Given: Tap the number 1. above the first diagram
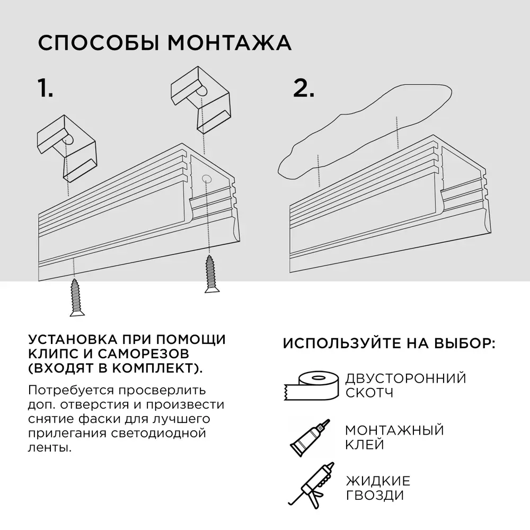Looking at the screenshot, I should (x=46, y=88).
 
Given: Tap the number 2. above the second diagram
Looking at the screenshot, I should (x=304, y=88).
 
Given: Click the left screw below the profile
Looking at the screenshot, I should (x=77, y=297).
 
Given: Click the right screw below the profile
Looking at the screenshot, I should (x=210, y=273).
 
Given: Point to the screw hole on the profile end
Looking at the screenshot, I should (x=206, y=180).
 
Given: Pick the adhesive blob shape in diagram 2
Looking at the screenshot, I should (x=366, y=132).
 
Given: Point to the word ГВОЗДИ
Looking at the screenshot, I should (x=374, y=496).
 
